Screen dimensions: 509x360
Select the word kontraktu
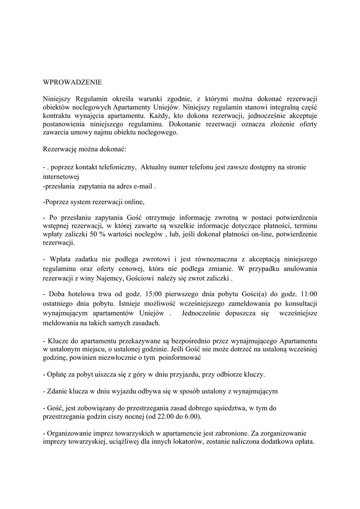point(58,115)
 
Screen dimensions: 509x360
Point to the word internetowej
point(61,176)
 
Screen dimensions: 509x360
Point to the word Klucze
point(59,341)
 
